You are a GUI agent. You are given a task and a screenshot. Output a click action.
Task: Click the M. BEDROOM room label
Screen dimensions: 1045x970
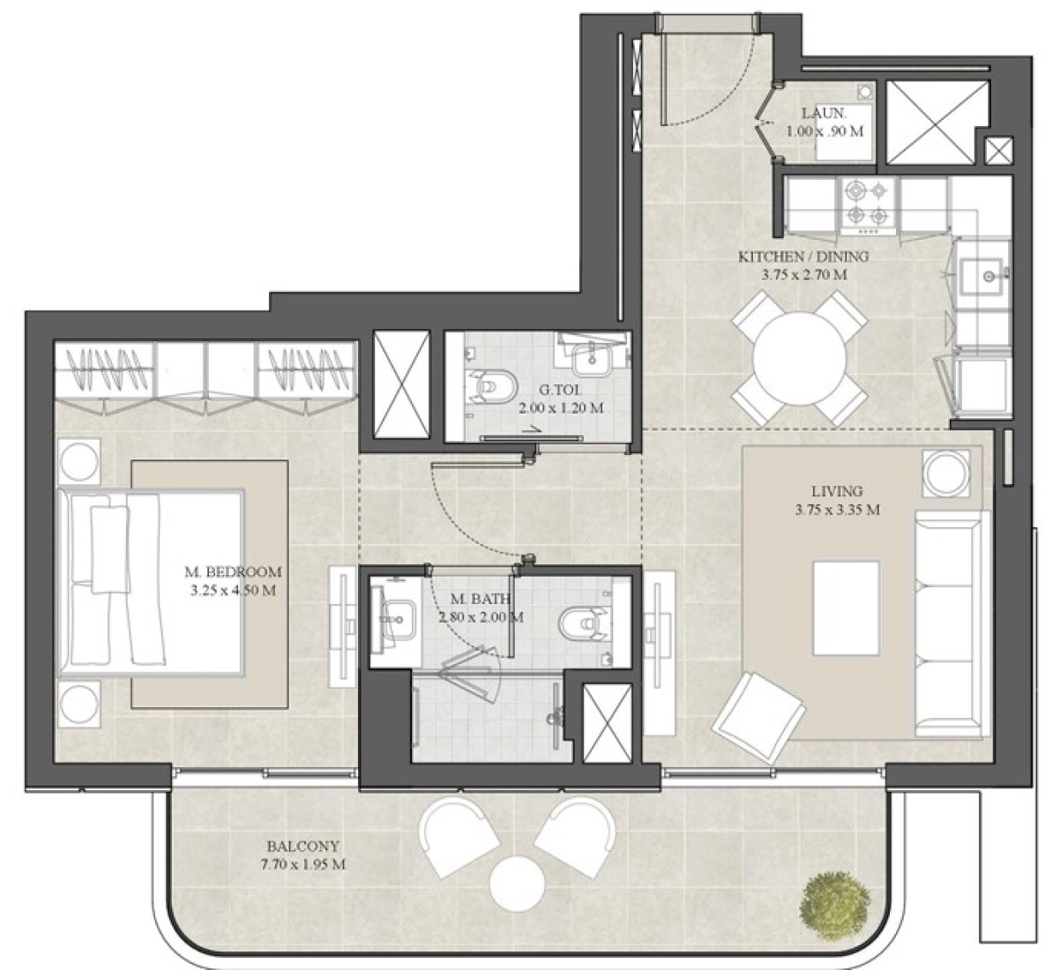[234, 571]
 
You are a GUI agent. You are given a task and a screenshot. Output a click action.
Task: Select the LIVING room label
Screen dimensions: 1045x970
[837, 492]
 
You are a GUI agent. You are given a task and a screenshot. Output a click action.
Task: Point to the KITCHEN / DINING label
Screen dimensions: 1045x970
[803, 257]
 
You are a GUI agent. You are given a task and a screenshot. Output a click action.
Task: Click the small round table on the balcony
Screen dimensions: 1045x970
[517, 884]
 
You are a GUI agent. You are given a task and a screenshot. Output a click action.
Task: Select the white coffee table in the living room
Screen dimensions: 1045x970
[846, 608]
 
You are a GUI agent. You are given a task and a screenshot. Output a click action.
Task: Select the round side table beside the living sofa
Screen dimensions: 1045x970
[946, 473]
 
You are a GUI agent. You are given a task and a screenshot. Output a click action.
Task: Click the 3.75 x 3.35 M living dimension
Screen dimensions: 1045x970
[837, 511]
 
